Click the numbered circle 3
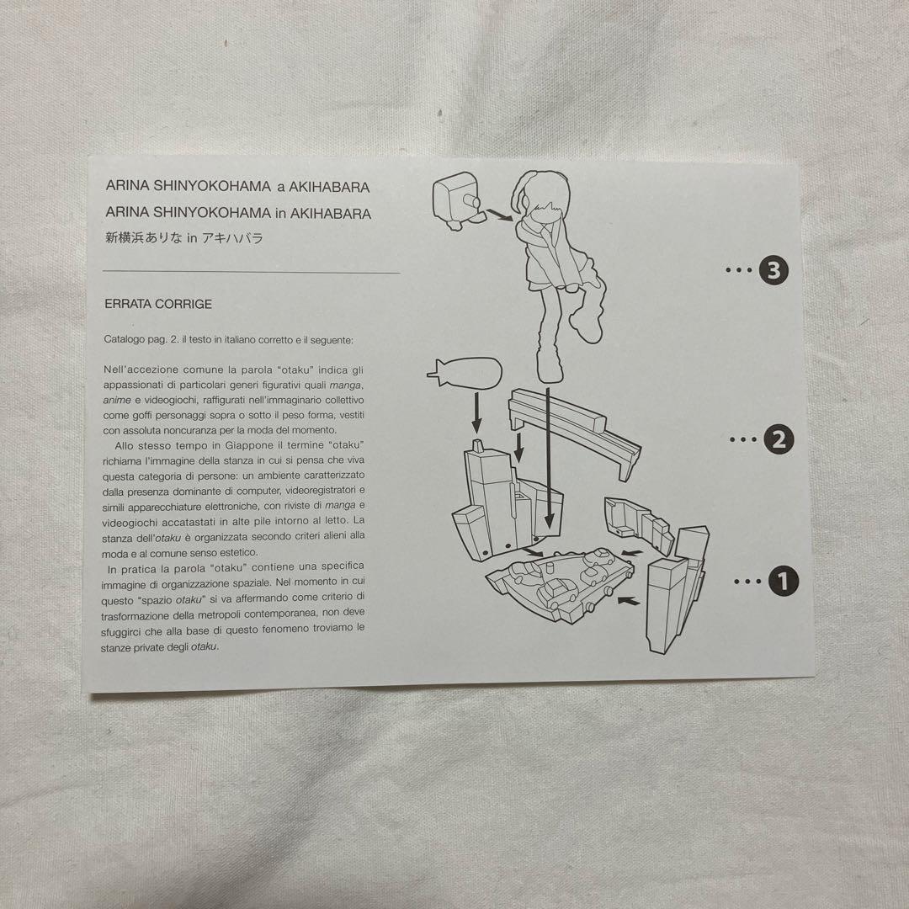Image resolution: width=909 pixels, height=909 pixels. tap(773, 270)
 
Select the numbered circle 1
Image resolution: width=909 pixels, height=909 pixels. tap(784, 581)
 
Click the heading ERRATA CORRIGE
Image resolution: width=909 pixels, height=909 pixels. tap(158, 304)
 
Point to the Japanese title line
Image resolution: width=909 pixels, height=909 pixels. tap(183, 237)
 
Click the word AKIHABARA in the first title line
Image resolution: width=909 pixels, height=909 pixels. tap(329, 187)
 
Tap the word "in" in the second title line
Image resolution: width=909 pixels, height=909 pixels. tap(280, 213)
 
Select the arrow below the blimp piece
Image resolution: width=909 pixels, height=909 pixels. tap(476, 412)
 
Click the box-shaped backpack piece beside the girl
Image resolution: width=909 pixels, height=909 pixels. tap(457, 201)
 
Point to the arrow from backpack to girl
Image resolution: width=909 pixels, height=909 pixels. tap(499, 215)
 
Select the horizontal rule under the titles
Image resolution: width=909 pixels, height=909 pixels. tap(251, 271)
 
